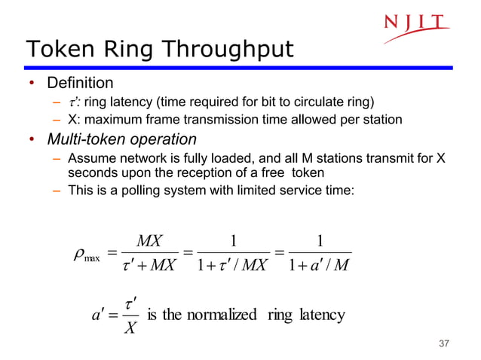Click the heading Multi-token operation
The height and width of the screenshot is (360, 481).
(121, 139)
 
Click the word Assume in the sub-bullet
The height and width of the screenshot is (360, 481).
(90, 158)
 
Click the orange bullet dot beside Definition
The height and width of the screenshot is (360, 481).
(32, 83)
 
